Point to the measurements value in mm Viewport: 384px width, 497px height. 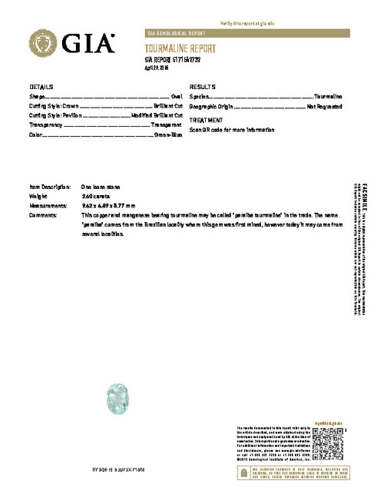coord(108,206)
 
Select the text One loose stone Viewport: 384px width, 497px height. coord(101,187)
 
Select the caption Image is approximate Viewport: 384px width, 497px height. coord(118,469)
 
